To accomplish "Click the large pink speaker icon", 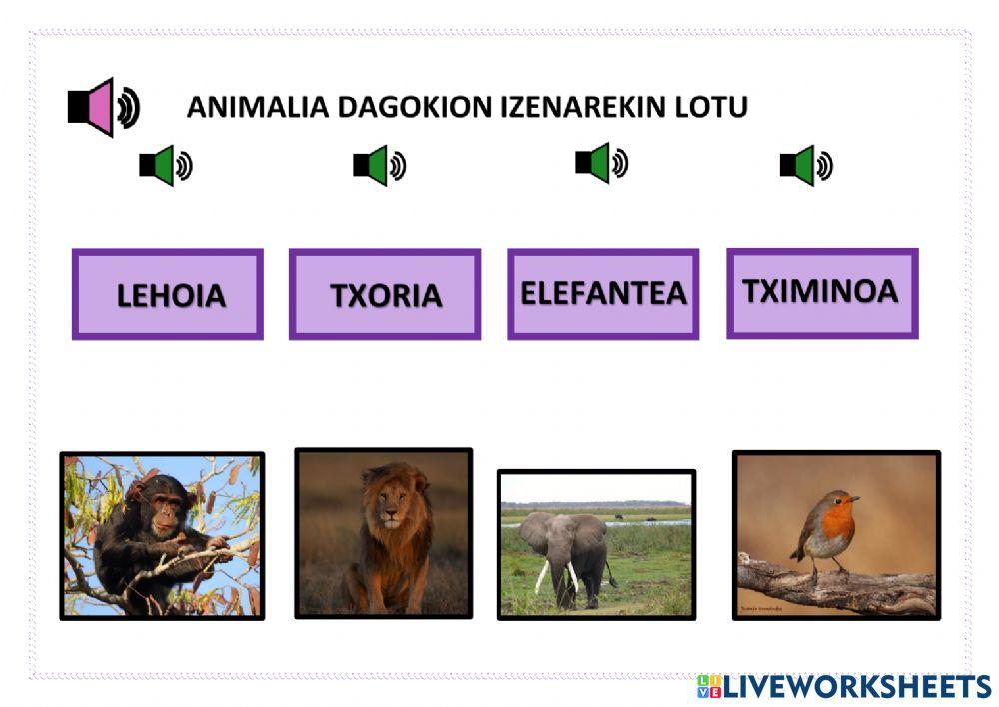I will tap(102, 107).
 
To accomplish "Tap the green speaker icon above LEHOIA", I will tap(165, 166).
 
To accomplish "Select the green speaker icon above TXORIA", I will tap(379, 166).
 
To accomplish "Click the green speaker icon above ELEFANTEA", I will tap(601, 163).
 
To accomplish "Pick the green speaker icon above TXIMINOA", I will tap(805, 166).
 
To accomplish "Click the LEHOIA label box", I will tap(168, 295).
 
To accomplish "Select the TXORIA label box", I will tap(385, 295).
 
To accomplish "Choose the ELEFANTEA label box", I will tap(603, 294).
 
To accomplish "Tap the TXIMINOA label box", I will tap(821, 293).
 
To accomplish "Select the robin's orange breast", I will tap(838, 524).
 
